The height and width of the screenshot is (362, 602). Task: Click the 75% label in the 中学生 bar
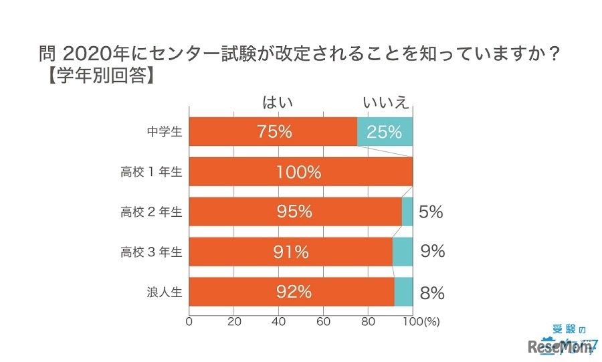274,132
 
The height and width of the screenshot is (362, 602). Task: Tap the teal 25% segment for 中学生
385,132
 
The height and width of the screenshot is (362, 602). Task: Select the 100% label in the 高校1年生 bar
298,172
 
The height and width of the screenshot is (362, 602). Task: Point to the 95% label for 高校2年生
295,212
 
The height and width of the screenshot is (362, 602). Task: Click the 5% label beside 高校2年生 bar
431,213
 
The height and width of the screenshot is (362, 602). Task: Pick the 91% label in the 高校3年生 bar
292,252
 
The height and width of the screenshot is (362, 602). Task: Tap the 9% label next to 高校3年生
432,252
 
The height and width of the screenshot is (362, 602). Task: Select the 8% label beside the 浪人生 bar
432,292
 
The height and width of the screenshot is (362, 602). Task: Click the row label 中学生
164,132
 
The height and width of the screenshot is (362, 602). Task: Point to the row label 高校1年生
151,172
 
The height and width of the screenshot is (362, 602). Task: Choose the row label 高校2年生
151,212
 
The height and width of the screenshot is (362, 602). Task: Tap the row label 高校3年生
151,252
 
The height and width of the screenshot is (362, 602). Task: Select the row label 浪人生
164,292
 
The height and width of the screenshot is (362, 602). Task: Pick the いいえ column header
385,102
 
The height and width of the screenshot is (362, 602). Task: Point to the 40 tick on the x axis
278,321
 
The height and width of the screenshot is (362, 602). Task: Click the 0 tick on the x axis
189,321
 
